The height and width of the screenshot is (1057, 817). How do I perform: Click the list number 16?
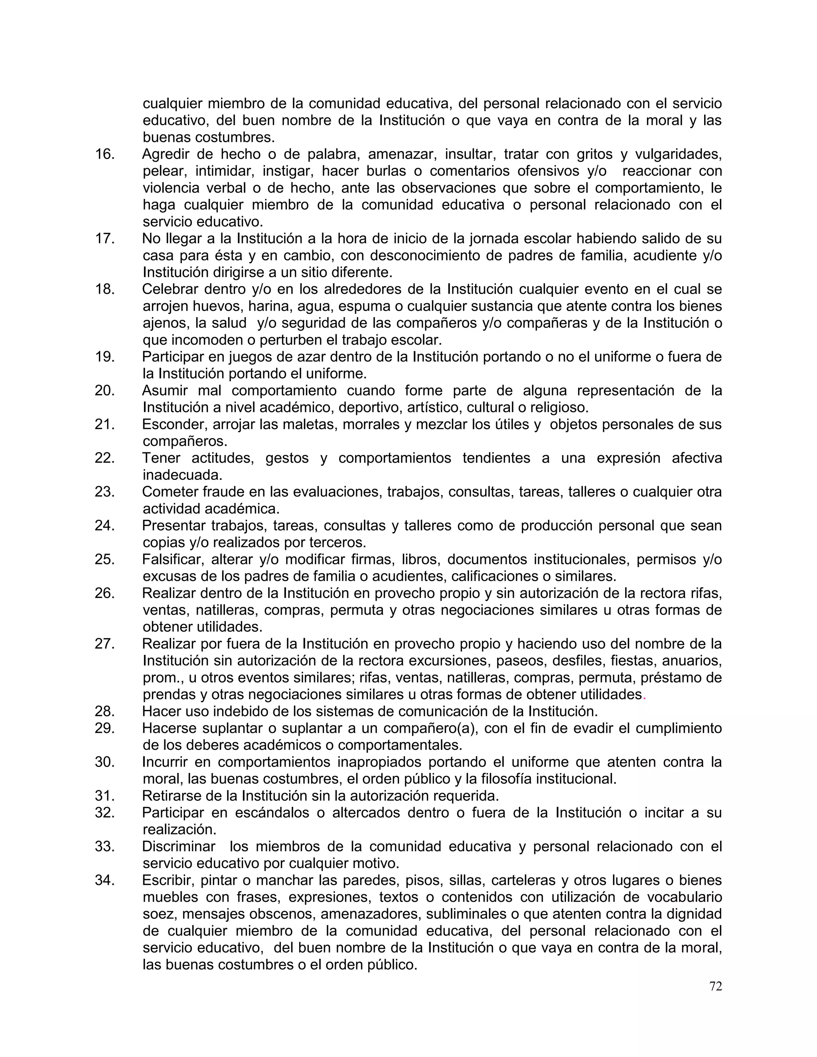click(105, 154)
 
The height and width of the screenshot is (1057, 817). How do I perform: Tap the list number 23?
click(105, 492)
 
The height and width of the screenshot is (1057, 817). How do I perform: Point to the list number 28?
click(105, 712)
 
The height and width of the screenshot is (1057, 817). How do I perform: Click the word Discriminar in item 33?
click(179, 846)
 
